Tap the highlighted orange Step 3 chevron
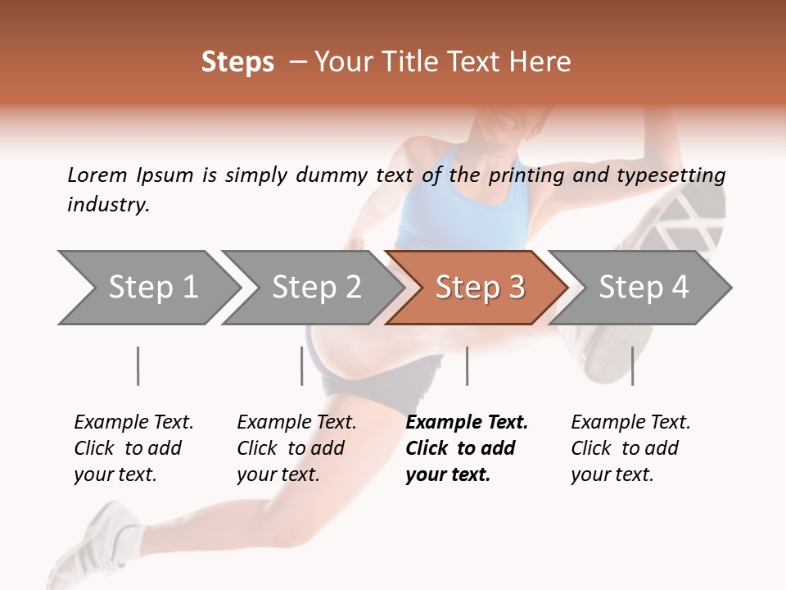click(x=478, y=288)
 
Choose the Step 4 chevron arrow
click(x=642, y=288)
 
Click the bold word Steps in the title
click(x=237, y=62)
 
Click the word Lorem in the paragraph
click(x=97, y=175)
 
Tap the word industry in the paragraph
click(x=108, y=205)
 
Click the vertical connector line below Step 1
click(x=138, y=365)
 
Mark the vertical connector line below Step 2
click(x=301, y=365)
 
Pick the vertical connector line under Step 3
click(x=467, y=365)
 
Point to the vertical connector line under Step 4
click(x=632, y=365)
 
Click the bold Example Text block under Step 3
click(x=467, y=448)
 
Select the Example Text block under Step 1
click(x=133, y=448)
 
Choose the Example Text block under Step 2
click(x=296, y=448)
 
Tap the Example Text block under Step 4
click(x=630, y=448)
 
